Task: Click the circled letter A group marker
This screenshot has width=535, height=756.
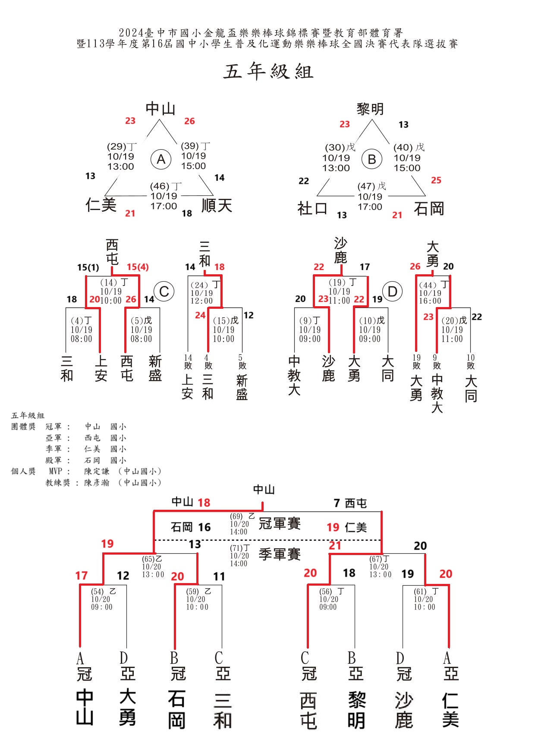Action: (161, 160)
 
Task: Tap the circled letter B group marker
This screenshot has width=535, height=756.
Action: (372, 160)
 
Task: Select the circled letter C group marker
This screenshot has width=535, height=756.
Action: (164, 292)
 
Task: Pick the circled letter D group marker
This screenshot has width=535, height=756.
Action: (392, 292)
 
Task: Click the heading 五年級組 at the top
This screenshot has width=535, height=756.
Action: (268, 72)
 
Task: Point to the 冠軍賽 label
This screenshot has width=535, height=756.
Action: (279, 524)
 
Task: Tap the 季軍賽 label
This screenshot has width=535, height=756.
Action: (279, 554)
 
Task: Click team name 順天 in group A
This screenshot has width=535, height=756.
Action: (217, 205)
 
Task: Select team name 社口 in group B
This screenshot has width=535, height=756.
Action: (313, 209)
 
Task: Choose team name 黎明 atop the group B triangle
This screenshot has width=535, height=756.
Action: (370, 109)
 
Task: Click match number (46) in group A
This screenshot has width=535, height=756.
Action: (160, 186)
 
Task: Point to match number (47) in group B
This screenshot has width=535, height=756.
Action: (367, 186)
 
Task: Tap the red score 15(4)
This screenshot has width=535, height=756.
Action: (138, 267)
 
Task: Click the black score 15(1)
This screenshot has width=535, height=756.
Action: (88, 267)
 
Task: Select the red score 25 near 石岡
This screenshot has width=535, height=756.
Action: (436, 180)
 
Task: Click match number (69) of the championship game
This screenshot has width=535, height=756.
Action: (236, 516)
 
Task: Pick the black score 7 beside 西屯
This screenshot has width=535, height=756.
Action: (337, 503)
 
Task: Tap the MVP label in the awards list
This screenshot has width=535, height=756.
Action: (55, 471)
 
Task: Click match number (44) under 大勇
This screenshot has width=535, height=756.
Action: (428, 285)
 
